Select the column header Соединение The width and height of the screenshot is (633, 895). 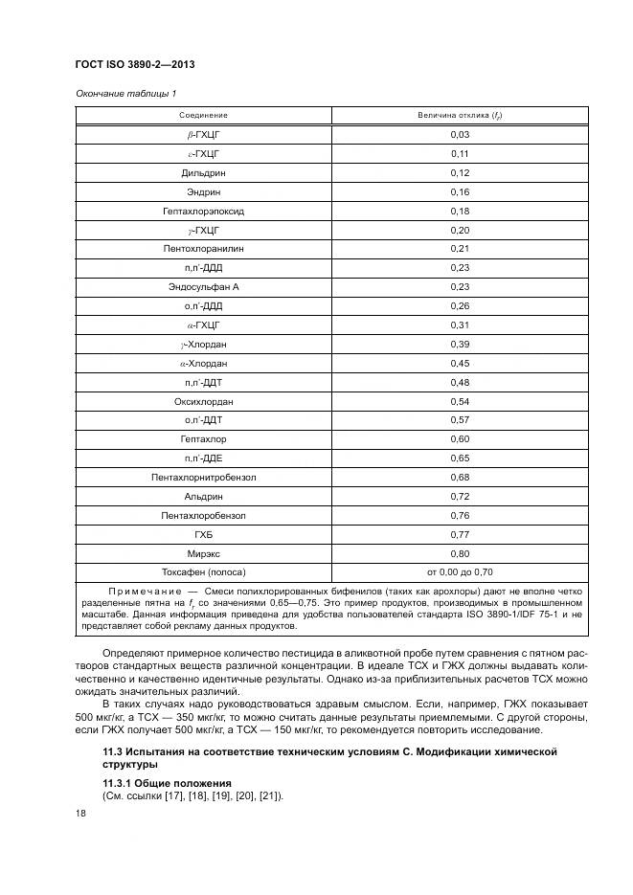click(203, 116)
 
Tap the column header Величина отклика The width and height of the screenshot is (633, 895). click(460, 116)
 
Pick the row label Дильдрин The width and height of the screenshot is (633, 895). click(203, 172)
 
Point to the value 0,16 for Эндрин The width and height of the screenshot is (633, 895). click(460, 191)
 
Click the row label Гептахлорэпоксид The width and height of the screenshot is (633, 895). click(203, 211)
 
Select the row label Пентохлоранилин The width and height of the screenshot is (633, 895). click(203, 249)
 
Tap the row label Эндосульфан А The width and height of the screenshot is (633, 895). click(203, 287)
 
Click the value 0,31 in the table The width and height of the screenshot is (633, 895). click(460, 325)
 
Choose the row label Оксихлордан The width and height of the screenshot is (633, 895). click(203, 401)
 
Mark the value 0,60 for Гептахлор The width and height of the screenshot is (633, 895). click(460, 439)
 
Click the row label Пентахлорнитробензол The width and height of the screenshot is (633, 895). click(203, 477)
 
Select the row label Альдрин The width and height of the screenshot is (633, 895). click(203, 496)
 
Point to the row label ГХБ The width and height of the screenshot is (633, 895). click(203, 534)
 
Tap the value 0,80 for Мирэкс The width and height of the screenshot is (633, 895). click(460, 553)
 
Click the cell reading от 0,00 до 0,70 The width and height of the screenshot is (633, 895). click(460, 572)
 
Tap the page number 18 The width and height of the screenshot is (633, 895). click(80, 813)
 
